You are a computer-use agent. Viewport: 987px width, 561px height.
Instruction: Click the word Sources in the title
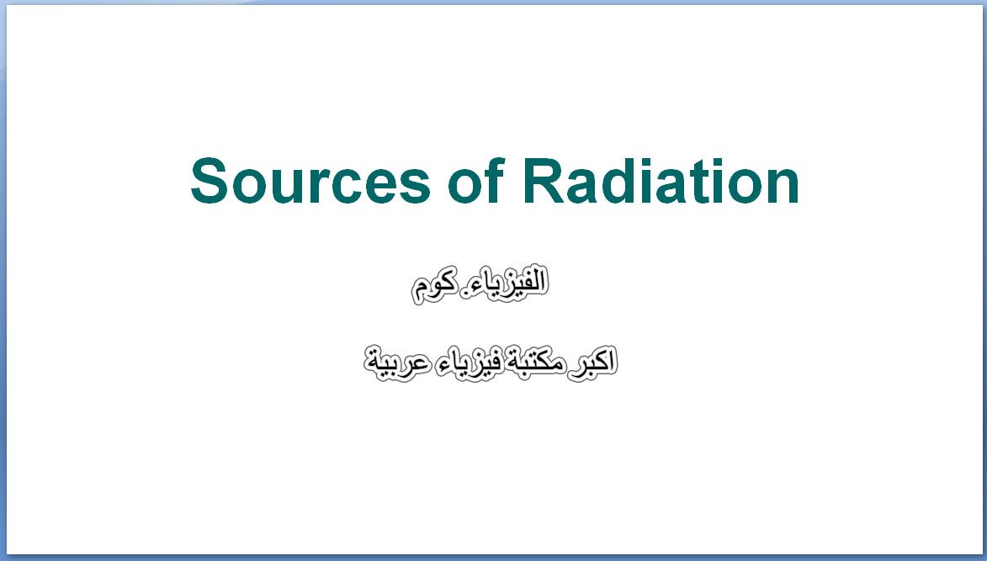click(x=310, y=181)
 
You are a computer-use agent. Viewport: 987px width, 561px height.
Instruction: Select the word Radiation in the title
click(x=661, y=181)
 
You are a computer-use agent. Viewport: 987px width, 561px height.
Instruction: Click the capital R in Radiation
click(x=544, y=181)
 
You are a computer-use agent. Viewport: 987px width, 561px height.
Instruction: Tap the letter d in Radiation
click(x=624, y=181)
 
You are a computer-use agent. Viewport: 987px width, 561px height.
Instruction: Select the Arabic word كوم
click(x=433, y=288)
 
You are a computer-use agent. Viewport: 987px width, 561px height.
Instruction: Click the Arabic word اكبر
click(x=592, y=363)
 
